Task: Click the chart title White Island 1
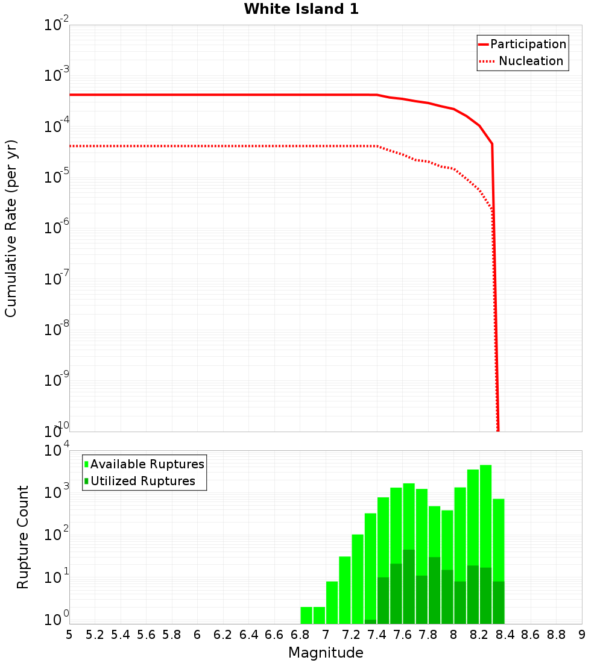(301, 10)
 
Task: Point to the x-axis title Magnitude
(326, 653)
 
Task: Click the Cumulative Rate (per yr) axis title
(11, 228)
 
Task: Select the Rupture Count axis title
(23, 537)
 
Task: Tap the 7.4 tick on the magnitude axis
(377, 635)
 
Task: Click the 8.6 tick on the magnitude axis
(531, 635)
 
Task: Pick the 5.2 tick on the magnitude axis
(95, 635)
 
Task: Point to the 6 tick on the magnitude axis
(197, 635)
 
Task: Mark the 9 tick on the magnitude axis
(582, 635)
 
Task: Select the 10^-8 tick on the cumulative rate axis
(56, 330)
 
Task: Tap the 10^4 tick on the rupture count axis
(56, 451)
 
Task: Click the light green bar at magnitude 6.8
(306, 615)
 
